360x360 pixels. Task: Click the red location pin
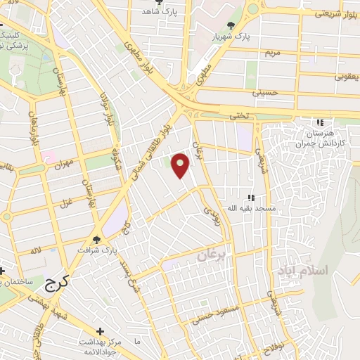[181, 165]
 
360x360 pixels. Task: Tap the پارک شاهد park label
[160, 12]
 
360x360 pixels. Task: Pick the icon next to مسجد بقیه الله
[250, 198]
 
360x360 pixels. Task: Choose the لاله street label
[37, 250]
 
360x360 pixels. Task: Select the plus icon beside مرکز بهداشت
[101, 330]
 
